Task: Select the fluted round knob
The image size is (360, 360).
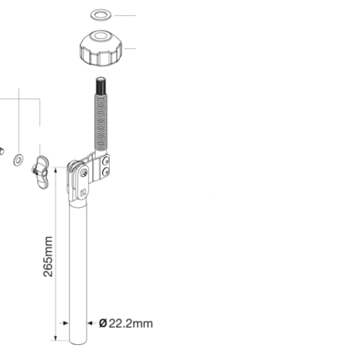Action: coord(101,48)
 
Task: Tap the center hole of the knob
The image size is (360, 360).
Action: coord(100,37)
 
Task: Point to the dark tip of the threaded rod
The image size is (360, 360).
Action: coord(101,86)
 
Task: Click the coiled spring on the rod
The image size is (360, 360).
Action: coord(101,122)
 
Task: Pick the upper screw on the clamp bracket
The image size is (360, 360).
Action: coord(106,161)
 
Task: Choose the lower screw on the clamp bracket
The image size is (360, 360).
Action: coord(106,173)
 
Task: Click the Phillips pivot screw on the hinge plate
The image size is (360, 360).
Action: coord(84,174)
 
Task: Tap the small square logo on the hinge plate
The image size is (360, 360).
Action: coord(83,193)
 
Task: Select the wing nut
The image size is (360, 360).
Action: coord(40,172)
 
